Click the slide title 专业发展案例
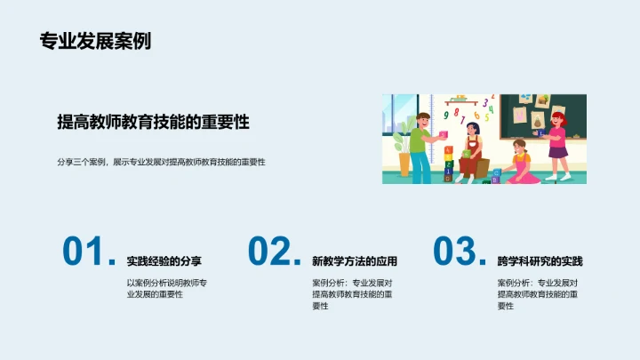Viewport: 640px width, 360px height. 95,41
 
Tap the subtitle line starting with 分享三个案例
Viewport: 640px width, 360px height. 161,162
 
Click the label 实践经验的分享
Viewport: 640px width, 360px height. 164,261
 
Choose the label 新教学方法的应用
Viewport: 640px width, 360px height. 354,261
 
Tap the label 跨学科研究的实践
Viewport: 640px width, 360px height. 540,261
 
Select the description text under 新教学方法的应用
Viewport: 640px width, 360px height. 352,293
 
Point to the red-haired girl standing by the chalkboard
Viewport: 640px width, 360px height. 556,138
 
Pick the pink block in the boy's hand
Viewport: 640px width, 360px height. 444,134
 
